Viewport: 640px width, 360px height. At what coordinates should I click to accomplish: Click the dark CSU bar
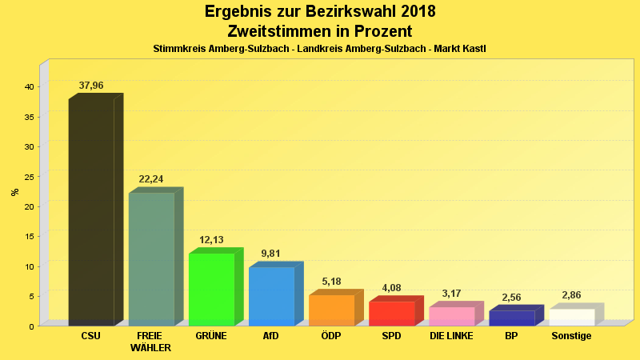click(x=91, y=212)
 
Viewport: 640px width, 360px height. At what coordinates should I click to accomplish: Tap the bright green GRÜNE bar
click(x=211, y=289)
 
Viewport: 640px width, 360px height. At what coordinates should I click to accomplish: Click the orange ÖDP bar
click(x=331, y=310)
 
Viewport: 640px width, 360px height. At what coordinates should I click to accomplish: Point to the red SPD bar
click(x=391, y=313)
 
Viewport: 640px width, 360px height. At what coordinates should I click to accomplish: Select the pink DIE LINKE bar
click(x=451, y=316)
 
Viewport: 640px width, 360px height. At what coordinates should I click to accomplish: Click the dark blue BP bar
click(x=511, y=318)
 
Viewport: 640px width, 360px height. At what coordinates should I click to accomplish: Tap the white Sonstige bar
click(x=571, y=317)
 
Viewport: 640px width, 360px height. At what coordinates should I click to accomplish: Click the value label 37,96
click(x=91, y=85)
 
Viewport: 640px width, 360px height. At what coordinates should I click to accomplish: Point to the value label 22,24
click(x=151, y=179)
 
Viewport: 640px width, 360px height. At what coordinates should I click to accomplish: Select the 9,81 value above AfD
click(x=271, y=254)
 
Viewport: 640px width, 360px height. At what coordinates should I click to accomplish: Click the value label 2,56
click(x=511, y=298)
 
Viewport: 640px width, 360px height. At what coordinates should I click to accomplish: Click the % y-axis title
click(x=14, y=192)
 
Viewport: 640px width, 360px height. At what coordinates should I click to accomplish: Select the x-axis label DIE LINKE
click(x=451, y=336)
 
